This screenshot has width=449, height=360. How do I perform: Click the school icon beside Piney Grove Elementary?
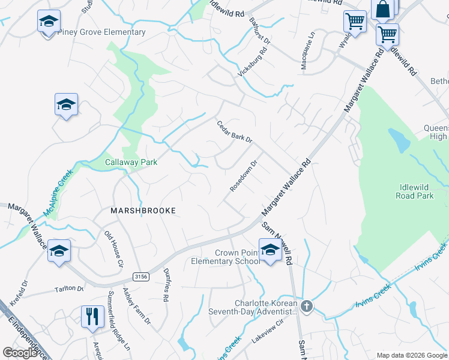pos(48,22)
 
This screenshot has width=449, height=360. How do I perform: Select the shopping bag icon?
pos(382,9)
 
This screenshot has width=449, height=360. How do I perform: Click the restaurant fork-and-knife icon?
pos(92,316)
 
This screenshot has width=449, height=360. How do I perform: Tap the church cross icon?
pos(307,307)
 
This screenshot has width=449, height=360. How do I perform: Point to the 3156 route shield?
pos(140,275)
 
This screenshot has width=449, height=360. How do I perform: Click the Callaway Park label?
pos(131,162)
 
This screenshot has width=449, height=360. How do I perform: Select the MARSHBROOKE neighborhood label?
pos(143,211)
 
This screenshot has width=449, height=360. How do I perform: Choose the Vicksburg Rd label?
pos(252,62)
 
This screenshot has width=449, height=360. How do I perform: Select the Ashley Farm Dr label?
pos(137,305)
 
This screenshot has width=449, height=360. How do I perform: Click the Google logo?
pos(21,352)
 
